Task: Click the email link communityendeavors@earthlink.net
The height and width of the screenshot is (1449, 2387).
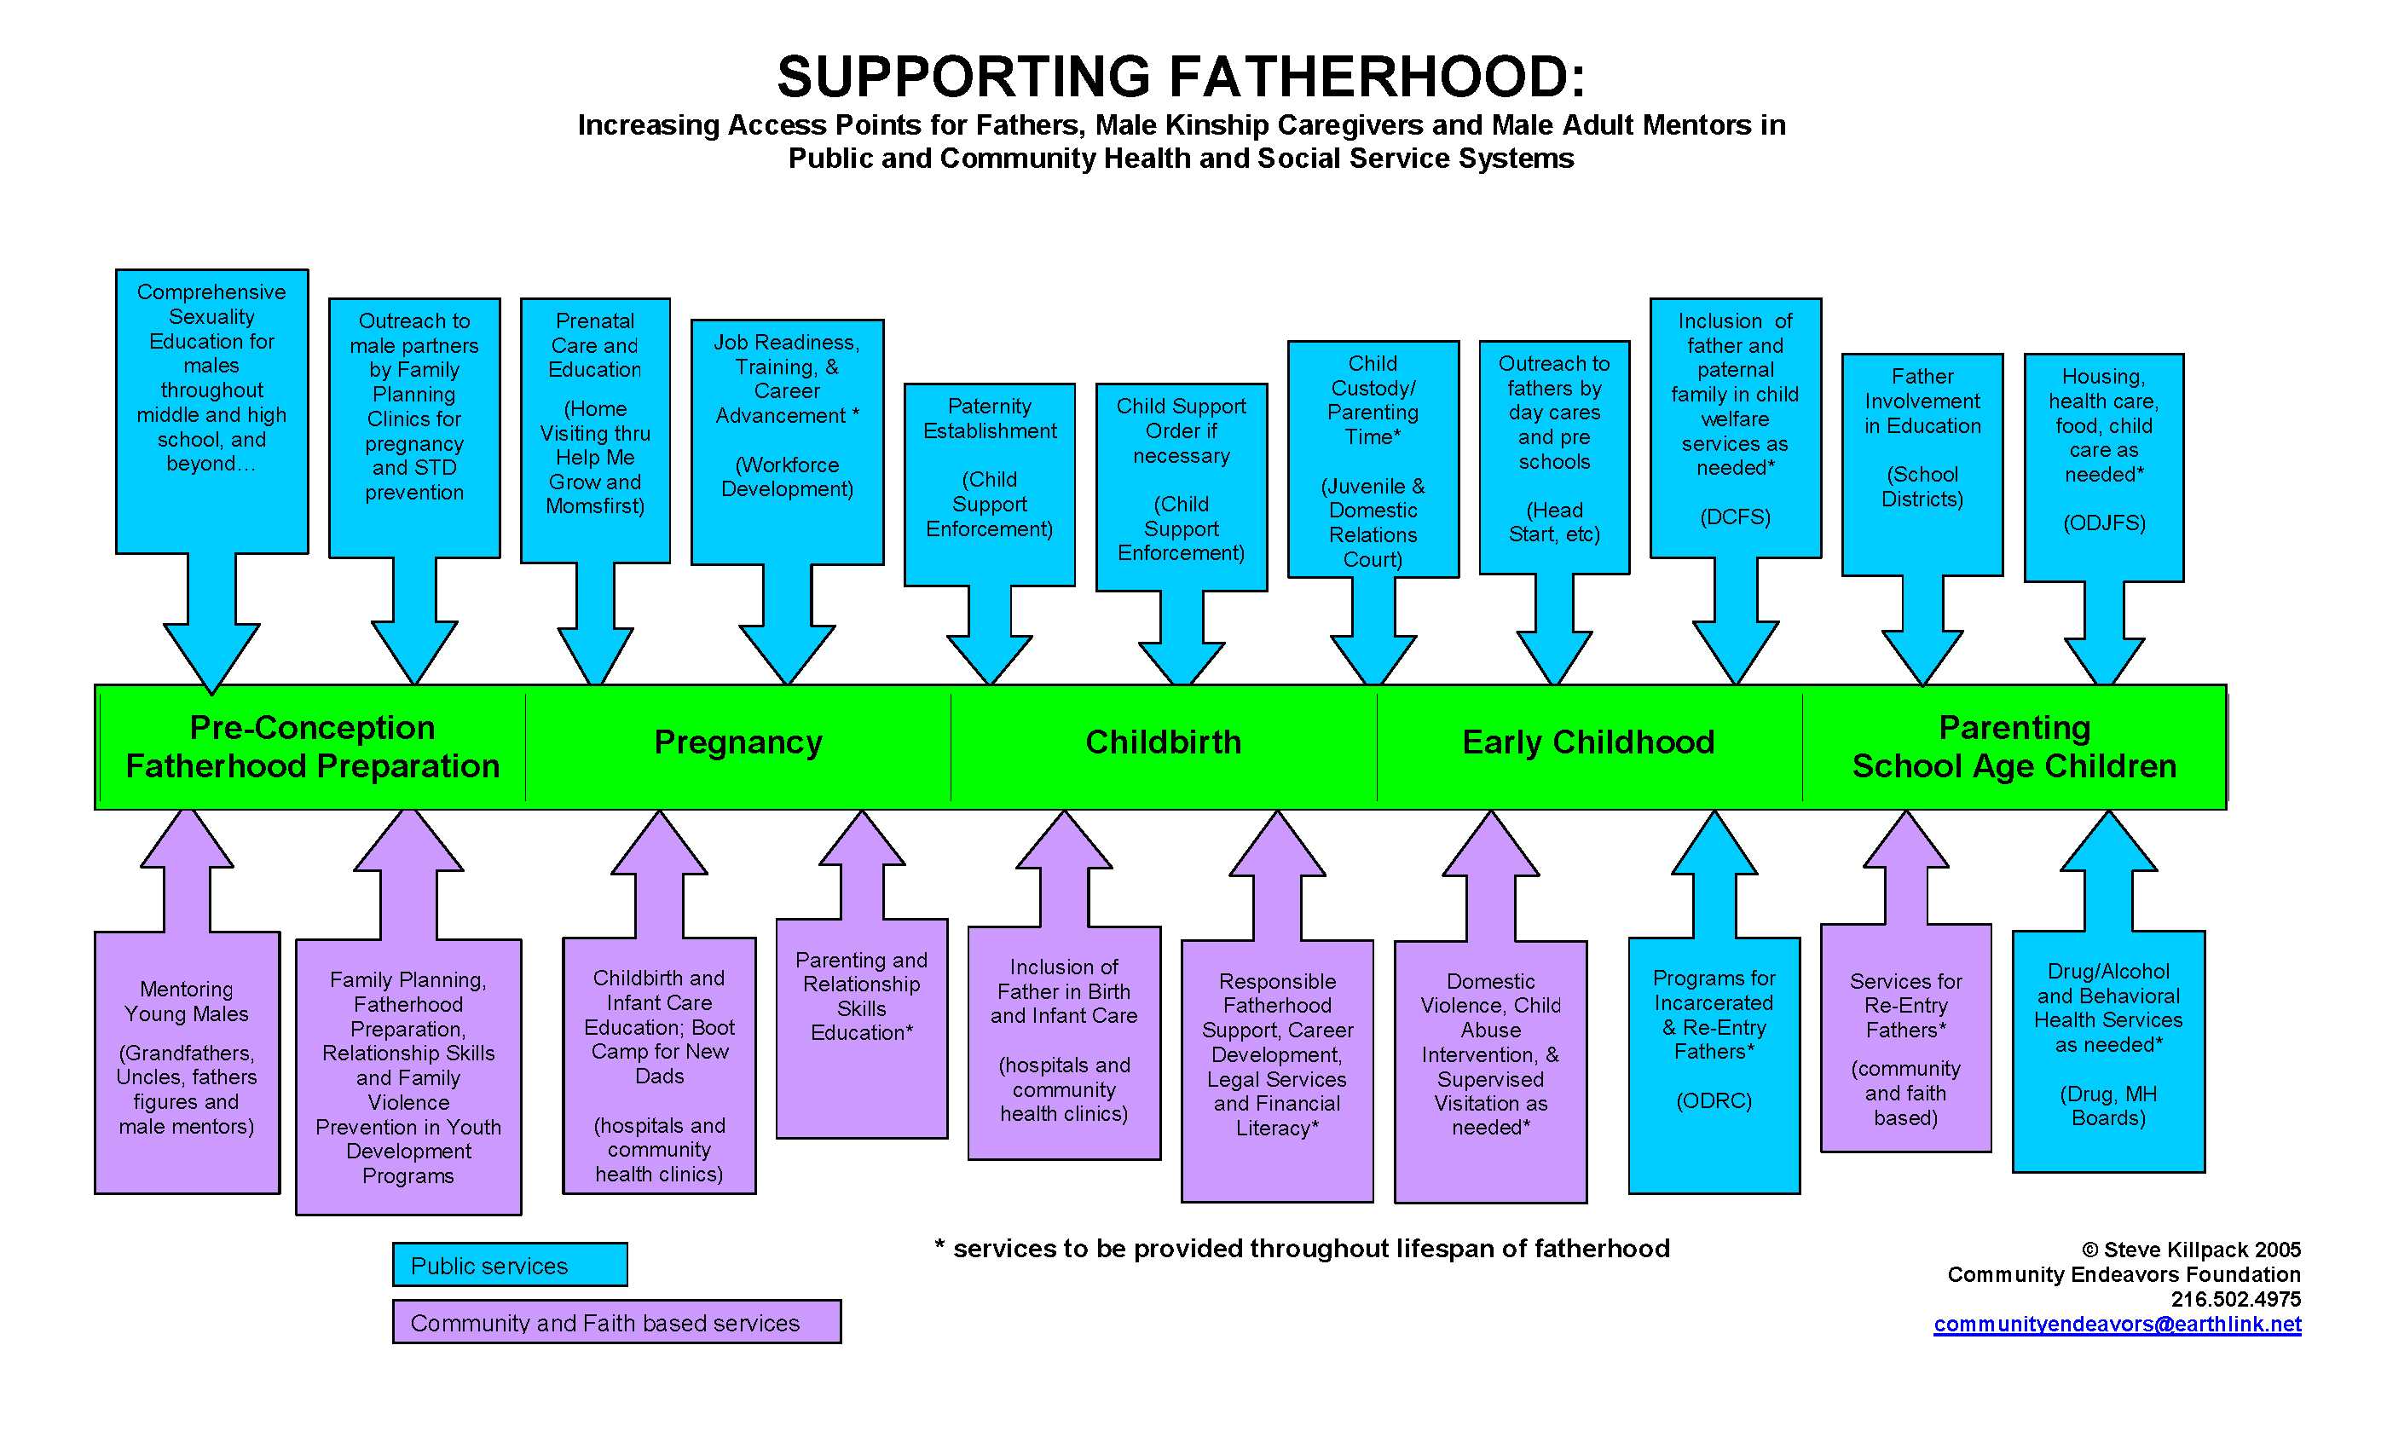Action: (x=2117, y=1324)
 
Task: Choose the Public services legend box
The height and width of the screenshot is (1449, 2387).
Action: (x=510, y=1265)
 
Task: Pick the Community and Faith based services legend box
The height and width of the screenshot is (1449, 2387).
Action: (x=616, y=1322)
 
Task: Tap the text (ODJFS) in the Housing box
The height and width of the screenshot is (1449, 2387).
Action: (x=2104, y=523)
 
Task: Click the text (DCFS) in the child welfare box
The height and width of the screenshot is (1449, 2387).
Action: (x=1735, y=517)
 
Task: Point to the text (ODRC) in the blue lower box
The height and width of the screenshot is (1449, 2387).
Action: (x=1714, y=1100)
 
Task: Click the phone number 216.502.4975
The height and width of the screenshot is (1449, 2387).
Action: (x=2235, y=1299)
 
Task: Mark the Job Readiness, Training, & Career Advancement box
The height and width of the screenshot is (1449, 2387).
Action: (x=787, y=417)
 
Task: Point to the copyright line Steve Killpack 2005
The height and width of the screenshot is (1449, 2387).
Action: (x=2191, y=1250)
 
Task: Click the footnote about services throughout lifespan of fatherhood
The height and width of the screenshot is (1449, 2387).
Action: (x=1302, y=1249)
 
